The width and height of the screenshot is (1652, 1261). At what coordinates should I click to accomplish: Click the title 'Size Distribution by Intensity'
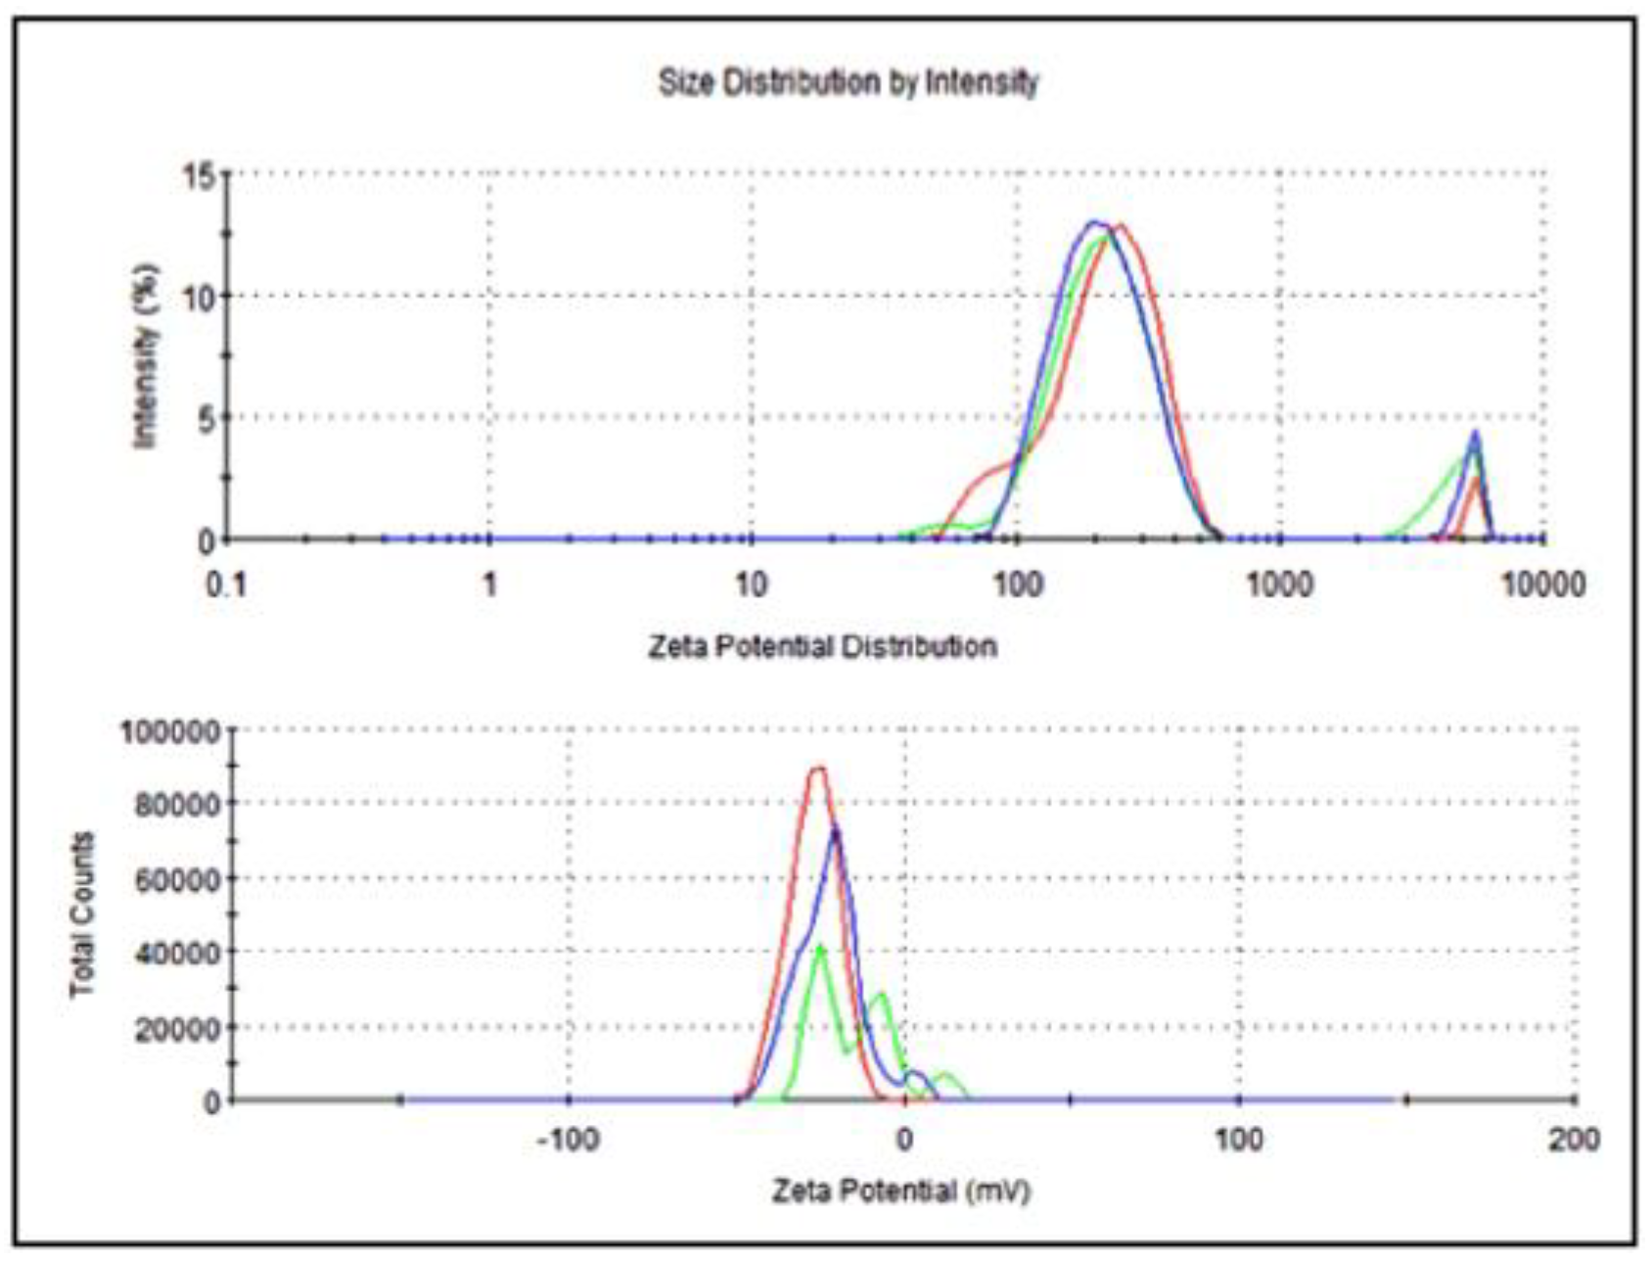click(x=848, y=82)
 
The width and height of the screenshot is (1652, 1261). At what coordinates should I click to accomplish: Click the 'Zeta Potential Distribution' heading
click(x=822, y=647)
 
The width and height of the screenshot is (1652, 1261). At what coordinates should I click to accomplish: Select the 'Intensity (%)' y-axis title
click(x=146, y=356)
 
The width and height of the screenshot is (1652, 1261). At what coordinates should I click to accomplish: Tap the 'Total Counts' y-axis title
click(x=83, y=914)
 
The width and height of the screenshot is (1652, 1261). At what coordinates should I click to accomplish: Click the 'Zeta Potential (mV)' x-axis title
click(x=901, y=1191)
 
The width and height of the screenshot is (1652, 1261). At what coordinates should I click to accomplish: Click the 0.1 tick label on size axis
click(x=226, y=585)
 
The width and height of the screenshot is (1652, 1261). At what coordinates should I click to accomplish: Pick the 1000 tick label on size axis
click(x=1279, y=585)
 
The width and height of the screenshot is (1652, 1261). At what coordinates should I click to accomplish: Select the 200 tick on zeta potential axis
click(x=1574, y=1141)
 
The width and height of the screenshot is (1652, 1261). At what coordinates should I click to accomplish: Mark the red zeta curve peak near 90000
click(x=818, y=770)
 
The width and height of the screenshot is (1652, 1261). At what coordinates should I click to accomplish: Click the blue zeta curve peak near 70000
click(x=835, y=832)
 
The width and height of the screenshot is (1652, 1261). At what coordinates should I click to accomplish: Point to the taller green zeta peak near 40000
click(x=820, y=947)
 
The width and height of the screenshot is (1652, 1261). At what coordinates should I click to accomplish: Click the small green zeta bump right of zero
click(x=945, y=1076)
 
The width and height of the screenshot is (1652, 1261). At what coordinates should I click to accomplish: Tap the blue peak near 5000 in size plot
click(x=1475, y=434)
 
